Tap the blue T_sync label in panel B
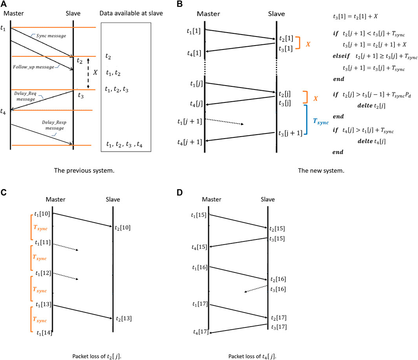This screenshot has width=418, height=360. coord(320,122)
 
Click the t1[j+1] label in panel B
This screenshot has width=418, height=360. coord(190,121)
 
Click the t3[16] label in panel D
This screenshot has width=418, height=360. coord(278,289)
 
